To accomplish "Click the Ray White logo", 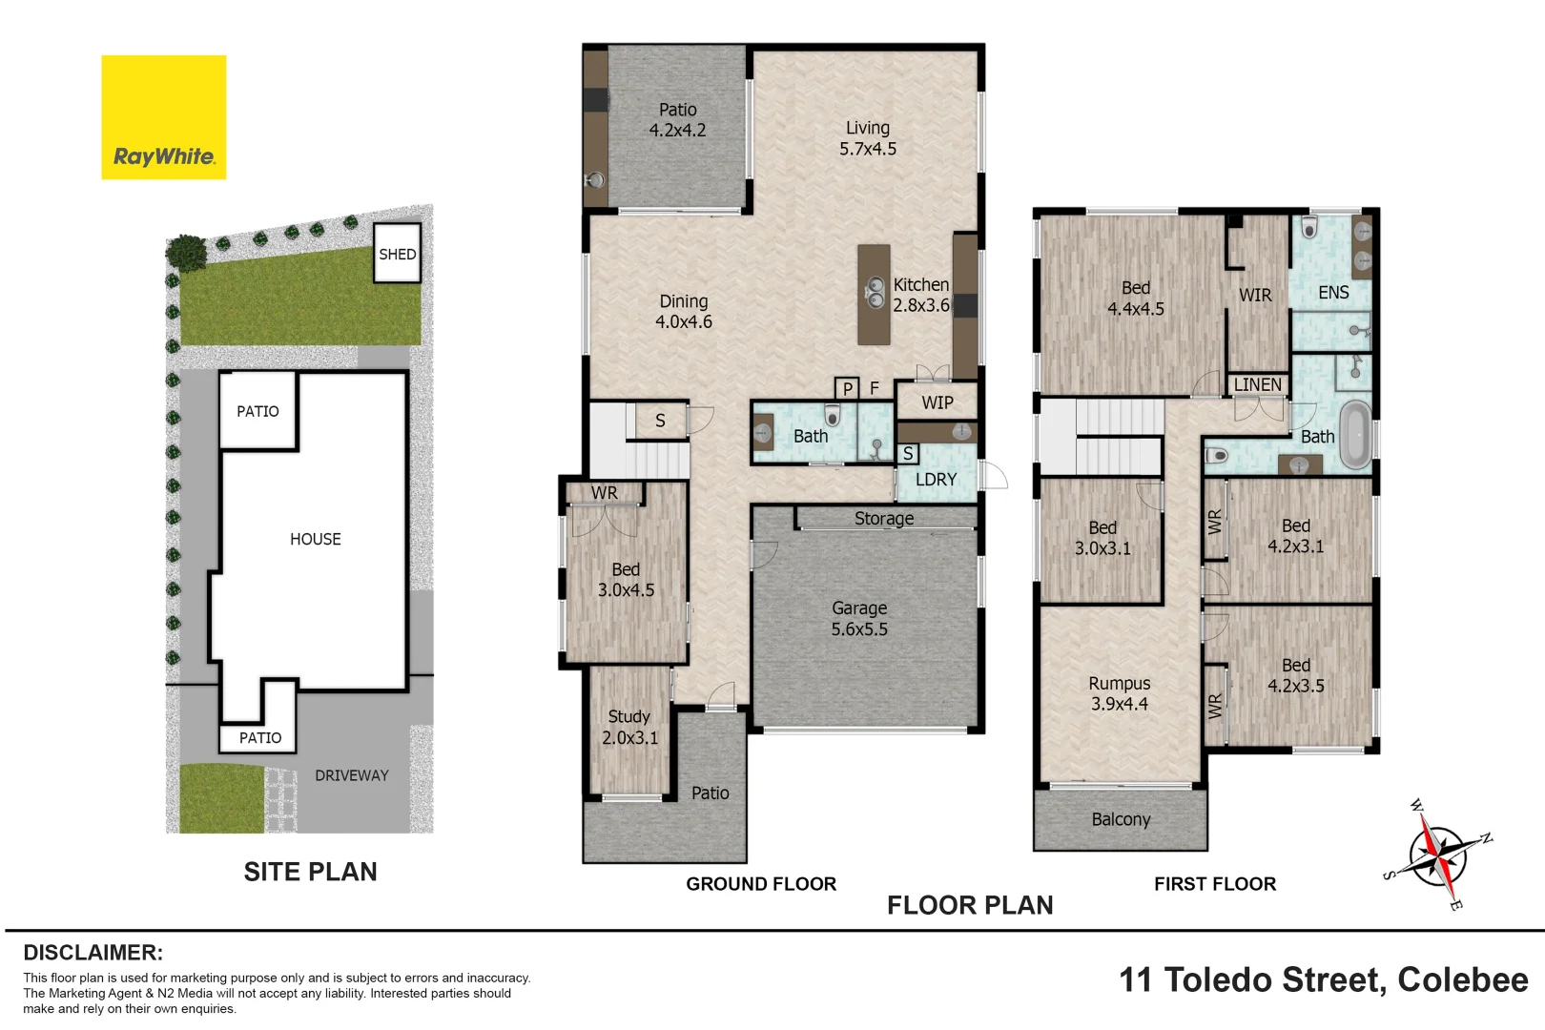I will pyautogui.click(x=164, y=117).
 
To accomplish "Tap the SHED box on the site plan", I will pyautogui.click(x=397, y=254).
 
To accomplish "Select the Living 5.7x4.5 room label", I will pyautogui.click(x=867, y=138).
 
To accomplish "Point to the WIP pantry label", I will pyautogui.click(x=937, y=402).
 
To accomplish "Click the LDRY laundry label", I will pyautogui.click(x=936, y=480).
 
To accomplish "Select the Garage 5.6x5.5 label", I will pyautogui.click(x=858, y=619).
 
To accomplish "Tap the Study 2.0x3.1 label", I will pyautogui.click(x=629, y=727).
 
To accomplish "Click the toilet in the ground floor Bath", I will pyautogui.click(x=833, y=416).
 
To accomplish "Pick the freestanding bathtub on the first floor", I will pyautogui.click(x=1355, y=435).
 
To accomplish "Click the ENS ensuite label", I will pyautogui.click(x=1332, y=293).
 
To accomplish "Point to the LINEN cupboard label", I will pyautogui.click(x=1257, y=384).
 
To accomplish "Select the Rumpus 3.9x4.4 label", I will pyautogui.click(x=1119, y=693).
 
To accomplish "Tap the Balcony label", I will pyautogui.click(x=1121, y=819).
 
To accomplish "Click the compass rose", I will pyautogui.click(x=1437, y=854).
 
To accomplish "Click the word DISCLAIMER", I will pyautogui.click(x=93, y=953).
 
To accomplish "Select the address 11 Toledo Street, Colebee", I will pyautogui.click(x=1323, y=979).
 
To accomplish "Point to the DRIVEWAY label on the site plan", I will pyautogui.click(x=351, y=775).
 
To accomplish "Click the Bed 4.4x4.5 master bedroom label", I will pyautogui.click(x=1135, y=299).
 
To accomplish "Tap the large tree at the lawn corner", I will pyautogui.click(x=186, y=253).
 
